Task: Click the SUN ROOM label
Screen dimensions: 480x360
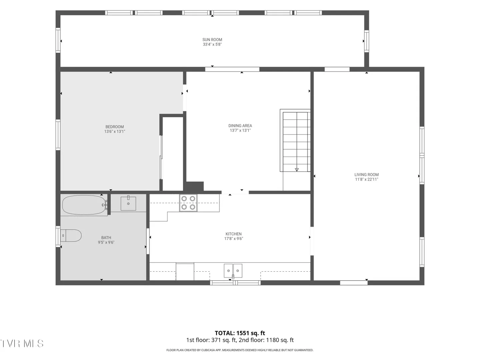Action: (212, 40)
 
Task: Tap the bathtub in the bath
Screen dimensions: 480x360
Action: (84, 205)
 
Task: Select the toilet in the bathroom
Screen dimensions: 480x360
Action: (71, 235)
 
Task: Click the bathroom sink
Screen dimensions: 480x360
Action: (128, 203)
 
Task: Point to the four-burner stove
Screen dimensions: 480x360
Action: (188, 203)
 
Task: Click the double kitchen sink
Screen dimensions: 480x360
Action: (233, 271)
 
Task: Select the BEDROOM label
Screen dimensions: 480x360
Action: (115, 127)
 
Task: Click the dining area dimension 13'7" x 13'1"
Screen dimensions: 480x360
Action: (240, 130)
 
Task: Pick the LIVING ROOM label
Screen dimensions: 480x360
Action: (367, 175)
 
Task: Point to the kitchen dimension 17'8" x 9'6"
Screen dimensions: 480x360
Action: (234, 239)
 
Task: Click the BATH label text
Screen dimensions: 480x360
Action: (106, 238)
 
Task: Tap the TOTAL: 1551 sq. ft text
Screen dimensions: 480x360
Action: (240, 333)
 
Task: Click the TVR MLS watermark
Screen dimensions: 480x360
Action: (22, 343)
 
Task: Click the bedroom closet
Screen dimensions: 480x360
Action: (173, 154)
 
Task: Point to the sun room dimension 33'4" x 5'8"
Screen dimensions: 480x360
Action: (212, 44)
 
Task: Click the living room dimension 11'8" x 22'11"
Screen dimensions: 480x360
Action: (367, 179)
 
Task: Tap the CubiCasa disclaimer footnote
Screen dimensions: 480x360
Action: (240, 350)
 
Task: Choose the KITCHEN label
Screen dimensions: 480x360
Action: (234, 234)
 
